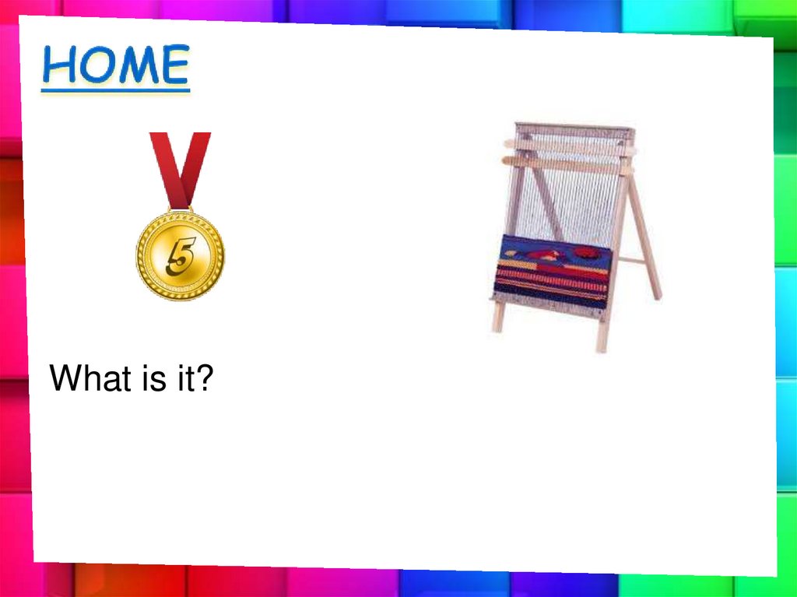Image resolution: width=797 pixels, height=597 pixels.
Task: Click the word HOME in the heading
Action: pyautogui.click(x=115, y=65)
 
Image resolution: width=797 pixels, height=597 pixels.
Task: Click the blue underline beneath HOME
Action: pyautogui.click(x=115, y=90)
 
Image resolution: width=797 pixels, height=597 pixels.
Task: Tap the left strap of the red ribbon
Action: pyautogui.click(x=166, y=167)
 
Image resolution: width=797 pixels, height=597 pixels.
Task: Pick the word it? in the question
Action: pyautogui.click(x=191, y=379)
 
